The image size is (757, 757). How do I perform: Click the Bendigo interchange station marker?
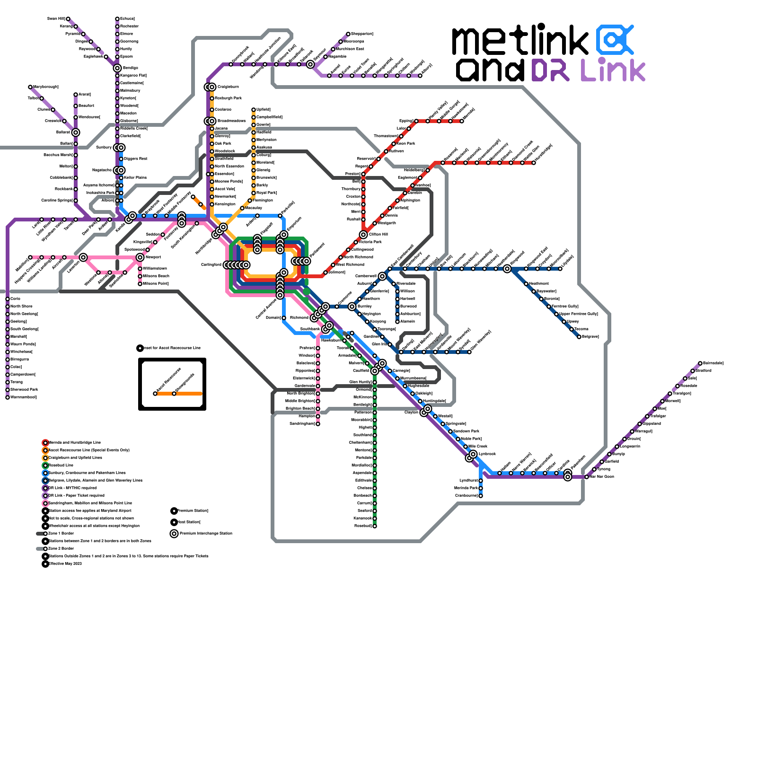(x=117, y=68)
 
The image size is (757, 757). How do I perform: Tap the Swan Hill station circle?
(x=68, y=19)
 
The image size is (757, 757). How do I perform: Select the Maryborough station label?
(x=46, y=87)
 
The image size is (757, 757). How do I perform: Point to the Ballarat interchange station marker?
(x=76, y=132)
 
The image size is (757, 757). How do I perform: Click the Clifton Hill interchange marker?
(x=363, y=235)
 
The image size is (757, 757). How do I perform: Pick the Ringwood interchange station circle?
(x=507, y=269)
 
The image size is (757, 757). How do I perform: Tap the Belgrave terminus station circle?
(x=579, y=337)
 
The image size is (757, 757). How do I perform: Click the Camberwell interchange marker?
(x=382, y=276)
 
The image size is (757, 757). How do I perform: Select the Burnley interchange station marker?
(x=352, y=307)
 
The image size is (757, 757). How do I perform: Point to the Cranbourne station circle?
(x=481, y=496)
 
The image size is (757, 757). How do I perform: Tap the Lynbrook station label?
(x=487, y=454)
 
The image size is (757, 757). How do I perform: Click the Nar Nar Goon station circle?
(x=587, y=477)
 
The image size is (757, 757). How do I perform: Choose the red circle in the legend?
(x=45, y=443)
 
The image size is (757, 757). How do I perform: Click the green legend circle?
(x=45, y=466)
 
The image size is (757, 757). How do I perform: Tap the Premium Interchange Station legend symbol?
(x=174, y=534)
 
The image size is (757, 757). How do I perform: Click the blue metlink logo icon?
(x=614, y=40)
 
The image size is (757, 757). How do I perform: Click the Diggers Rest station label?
(x=136, y=158)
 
